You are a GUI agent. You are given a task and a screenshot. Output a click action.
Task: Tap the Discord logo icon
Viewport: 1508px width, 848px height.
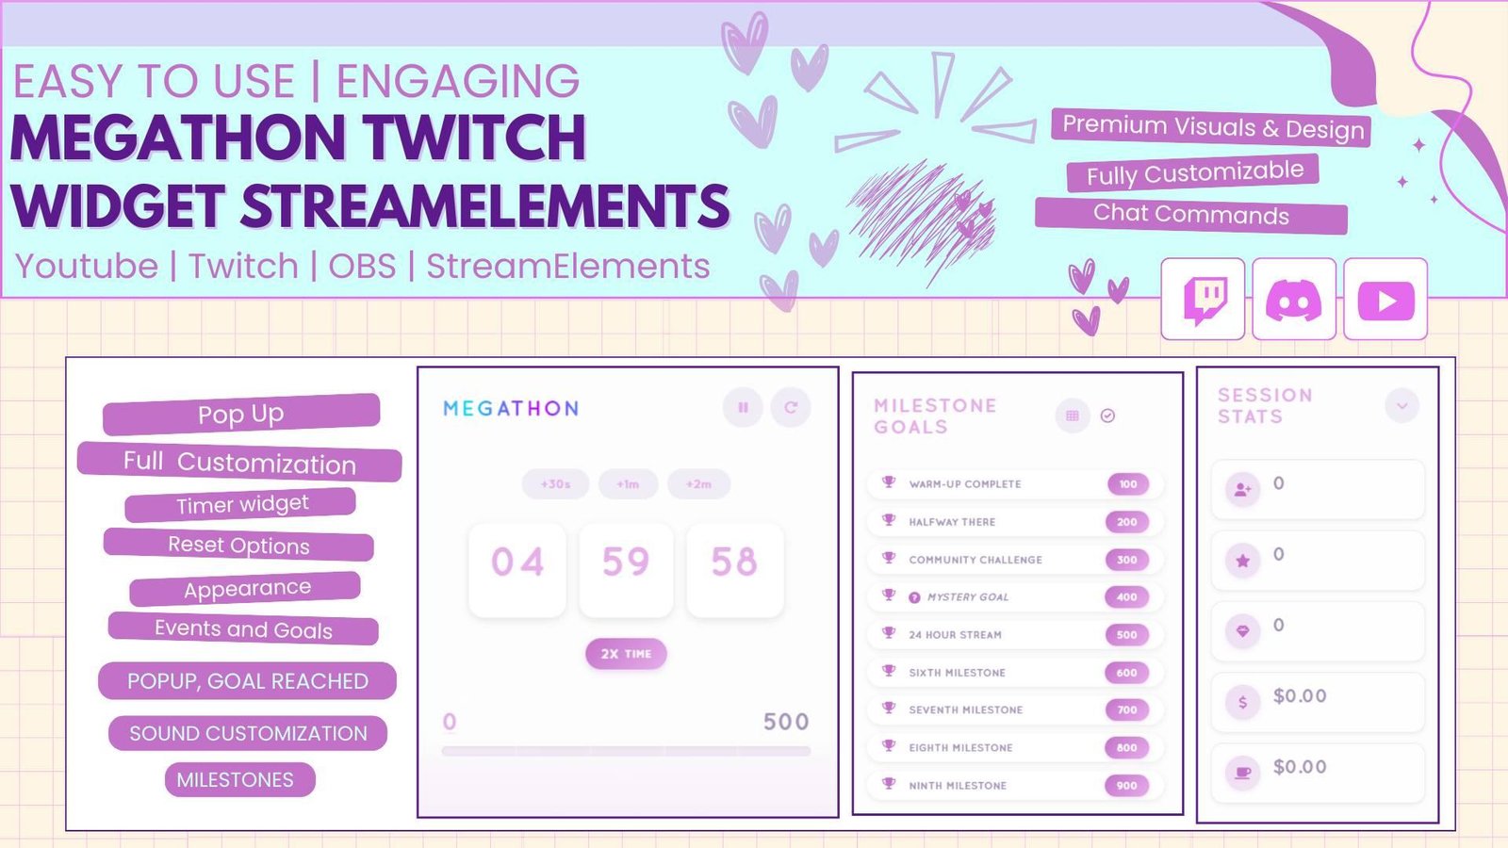[x=1293, y=301]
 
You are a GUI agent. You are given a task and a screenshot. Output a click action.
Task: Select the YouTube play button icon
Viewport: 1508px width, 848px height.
[x=1385, y=301]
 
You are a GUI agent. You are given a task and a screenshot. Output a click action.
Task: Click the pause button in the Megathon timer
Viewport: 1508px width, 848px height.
[x=744, y=407]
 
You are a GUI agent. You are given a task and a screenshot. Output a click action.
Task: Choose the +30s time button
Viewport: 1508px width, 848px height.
[x=555, y=484]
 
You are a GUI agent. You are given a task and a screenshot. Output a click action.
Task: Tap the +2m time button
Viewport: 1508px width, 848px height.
[x=698, y=484]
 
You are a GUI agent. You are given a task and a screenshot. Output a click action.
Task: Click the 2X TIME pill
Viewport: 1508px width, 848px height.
[x=626, y=654]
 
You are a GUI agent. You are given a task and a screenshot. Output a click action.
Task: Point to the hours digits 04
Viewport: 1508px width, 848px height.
[x=517, y=562]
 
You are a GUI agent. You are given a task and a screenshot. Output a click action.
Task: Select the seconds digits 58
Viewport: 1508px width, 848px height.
[x=734, y=562]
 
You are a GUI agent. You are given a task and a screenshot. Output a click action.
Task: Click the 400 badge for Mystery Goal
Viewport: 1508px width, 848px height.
[x=1127, y=597]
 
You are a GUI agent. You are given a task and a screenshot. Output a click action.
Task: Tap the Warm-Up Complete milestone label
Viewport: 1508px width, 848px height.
[x=965, y=484]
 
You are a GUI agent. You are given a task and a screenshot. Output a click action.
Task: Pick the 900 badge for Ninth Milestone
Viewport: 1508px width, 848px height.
[x=1127, y=786]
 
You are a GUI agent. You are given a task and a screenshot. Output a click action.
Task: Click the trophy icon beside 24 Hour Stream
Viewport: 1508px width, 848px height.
[x=889, y=632]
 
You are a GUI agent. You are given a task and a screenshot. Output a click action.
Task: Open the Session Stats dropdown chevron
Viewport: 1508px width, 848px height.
[x=1402, y=406]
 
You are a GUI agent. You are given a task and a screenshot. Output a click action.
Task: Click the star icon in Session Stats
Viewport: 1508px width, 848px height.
[x=1243, y=561]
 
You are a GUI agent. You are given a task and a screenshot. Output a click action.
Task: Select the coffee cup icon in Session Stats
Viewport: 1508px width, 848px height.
[x=1243, y=773]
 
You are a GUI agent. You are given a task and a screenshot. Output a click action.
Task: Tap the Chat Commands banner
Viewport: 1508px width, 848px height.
[x=1191, y=215]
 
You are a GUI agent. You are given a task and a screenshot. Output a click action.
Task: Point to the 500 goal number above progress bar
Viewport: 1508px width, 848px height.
[x=786, y=722]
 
